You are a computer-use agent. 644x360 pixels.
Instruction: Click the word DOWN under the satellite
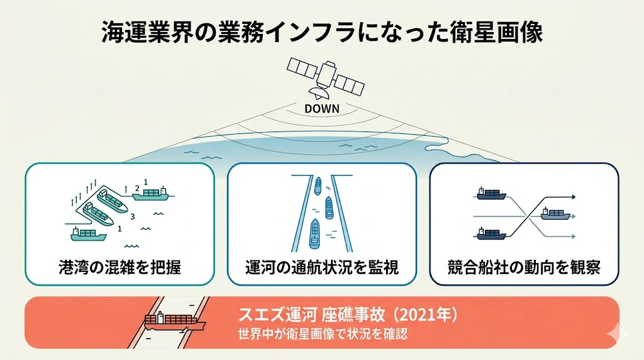pos(322,108)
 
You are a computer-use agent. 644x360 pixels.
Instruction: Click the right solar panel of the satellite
pos(349,85)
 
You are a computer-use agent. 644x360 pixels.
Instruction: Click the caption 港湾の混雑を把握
pos(120,267)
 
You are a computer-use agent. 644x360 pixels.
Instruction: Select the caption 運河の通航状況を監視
pos(322,267)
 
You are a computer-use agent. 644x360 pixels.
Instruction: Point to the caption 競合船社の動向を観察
pos(524,267)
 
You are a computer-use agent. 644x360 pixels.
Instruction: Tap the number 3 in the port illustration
pos(132,217)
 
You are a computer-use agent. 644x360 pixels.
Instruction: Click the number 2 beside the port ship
pos(137,189)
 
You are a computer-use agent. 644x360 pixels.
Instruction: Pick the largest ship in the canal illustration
pos(314,234)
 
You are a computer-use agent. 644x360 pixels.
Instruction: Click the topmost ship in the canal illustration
pos(318,186)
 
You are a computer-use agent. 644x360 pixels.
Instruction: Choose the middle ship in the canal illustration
pos(329,208)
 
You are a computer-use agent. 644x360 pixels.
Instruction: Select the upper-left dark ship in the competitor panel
pos(491,194)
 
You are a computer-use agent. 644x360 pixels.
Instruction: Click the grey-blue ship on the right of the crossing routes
pos(556,214)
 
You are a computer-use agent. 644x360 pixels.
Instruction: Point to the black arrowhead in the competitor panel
pos(574,197)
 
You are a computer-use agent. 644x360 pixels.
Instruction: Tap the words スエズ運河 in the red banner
pos(277,315)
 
